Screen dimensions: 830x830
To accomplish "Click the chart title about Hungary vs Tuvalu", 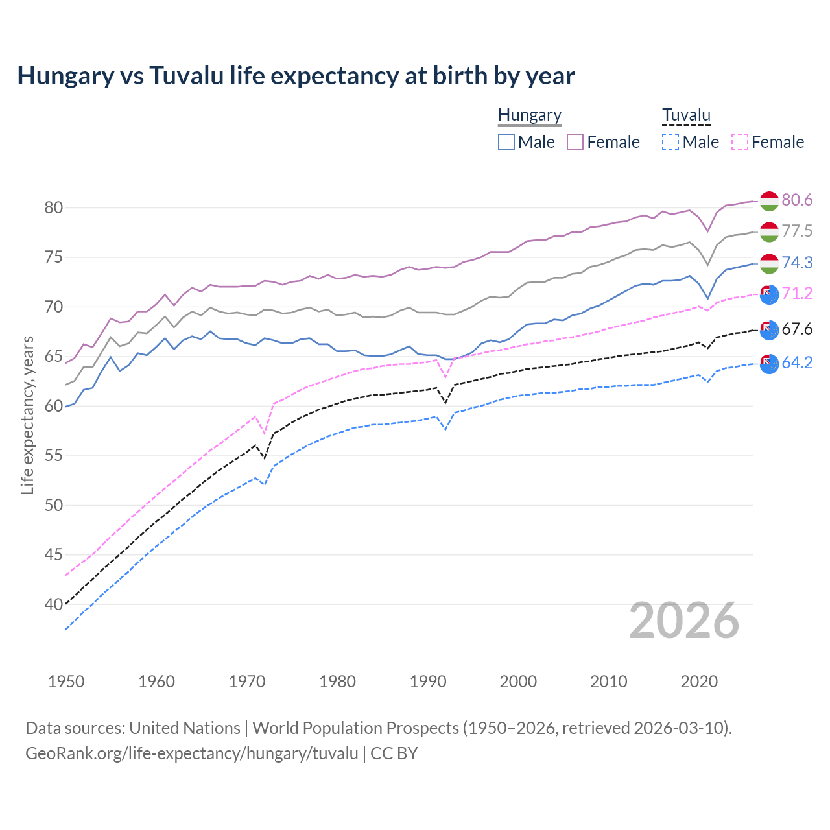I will (296, 76).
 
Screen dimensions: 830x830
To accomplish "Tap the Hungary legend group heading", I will (530, 115).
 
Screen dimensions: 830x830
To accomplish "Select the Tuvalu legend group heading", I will (686, 115).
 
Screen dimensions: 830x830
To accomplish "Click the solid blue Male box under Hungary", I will (506, 142).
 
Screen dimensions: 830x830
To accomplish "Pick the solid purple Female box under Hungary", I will (575, 142).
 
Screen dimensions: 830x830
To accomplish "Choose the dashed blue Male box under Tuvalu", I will (670, 142).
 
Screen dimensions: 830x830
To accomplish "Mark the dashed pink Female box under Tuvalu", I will (740, 142).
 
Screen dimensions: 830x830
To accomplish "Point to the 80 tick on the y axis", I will (54, 208).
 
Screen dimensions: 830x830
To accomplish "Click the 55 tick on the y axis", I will (54, 456).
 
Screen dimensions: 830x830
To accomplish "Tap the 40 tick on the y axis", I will (54, 604).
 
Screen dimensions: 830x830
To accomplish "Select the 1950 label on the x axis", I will (66, 682).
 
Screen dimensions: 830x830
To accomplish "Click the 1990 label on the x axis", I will (428, 682).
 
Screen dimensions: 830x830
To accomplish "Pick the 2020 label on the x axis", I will (699, 682).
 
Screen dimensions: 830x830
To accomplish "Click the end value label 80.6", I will (797, 200).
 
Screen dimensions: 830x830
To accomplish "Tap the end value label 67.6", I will (797, 329).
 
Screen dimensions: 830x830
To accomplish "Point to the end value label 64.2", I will (797, 362).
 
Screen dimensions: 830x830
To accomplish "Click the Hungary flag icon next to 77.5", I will (769, 231).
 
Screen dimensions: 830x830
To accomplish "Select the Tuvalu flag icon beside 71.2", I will (769, 294).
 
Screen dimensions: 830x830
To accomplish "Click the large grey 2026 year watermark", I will (684, 621).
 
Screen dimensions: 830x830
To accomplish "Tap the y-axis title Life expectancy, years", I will (27, 415).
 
